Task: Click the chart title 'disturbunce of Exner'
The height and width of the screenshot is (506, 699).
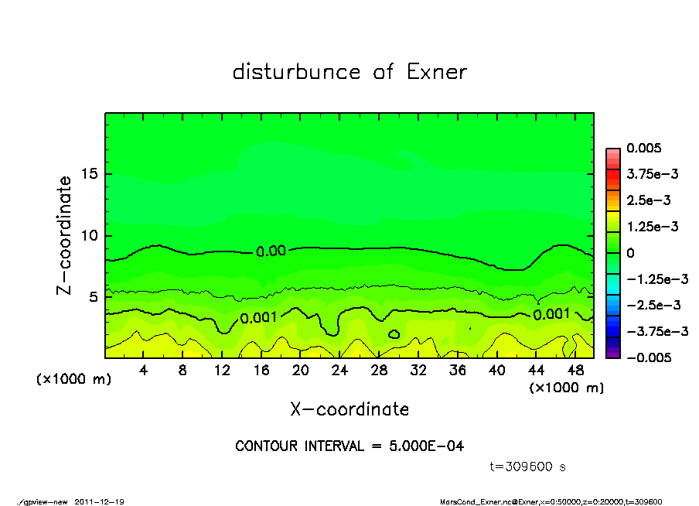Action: (x=349, y=73)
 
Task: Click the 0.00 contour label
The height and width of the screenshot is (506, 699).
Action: (x=271, y=251)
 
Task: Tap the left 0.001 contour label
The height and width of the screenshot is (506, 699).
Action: (x=258, y=317)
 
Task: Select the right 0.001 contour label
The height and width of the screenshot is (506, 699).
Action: (x=551, y=313)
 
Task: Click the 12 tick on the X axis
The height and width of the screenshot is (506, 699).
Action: (x=222, y=371)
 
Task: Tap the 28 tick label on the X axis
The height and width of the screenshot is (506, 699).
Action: (x=379, y=371)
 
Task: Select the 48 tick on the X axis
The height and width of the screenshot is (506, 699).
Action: (x=575, y=371)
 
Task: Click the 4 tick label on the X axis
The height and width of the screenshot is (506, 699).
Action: (x=144, y=371)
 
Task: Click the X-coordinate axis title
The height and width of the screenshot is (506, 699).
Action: (x=349, y=409)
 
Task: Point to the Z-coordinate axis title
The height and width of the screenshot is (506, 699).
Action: (x=65, y=235)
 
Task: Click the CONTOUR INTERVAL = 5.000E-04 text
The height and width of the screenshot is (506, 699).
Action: (x=349, y=446)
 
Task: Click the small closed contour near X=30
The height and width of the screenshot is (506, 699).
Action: (x=394, y=334)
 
